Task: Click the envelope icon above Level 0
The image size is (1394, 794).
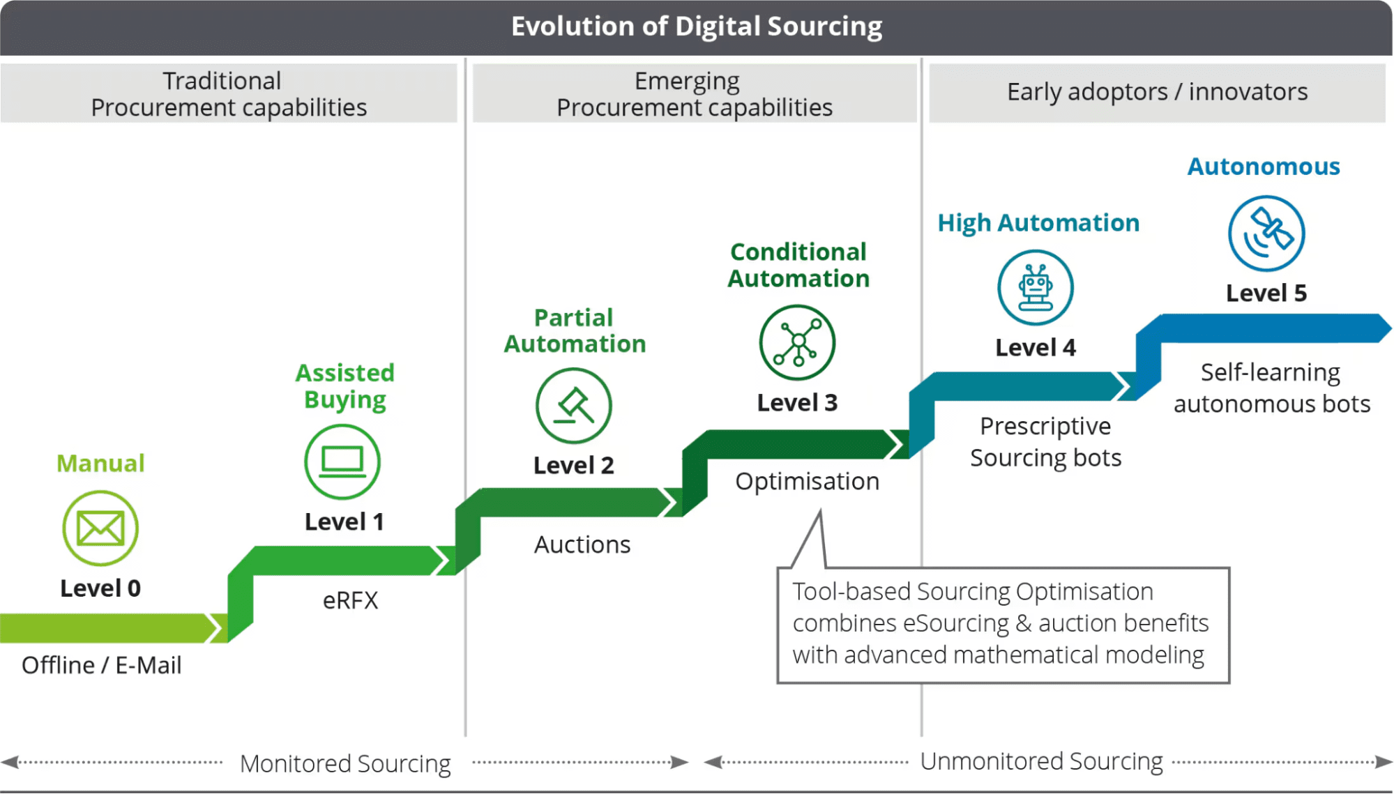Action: [100, 528]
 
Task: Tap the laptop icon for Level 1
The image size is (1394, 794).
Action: [342, 461]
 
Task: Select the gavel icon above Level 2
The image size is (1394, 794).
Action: [574, 406]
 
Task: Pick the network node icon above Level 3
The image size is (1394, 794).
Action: [797, 342]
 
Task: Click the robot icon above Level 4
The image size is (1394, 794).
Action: [1036, 288]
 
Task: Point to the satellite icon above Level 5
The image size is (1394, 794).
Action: [1266, 233]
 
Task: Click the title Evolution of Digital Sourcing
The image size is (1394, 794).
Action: [697, 26]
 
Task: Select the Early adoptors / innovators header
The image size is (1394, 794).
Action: [1157, 92]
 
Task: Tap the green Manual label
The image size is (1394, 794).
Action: [100, 464]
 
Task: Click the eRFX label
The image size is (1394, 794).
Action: [350, 600]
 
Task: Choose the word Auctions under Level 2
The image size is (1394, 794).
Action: [582, 544]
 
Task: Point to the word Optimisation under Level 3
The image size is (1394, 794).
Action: [807, 481]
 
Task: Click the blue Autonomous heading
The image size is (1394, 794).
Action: [1264, 167]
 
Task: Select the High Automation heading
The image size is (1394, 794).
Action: [1038, 223]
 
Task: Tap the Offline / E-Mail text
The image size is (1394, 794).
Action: [102, 665]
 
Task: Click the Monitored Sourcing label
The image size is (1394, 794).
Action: [345, 763]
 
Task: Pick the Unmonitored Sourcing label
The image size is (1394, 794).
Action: [1041, 761]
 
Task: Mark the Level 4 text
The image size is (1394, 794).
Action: [1036, 347]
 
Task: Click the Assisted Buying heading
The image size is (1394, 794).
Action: [345, 386]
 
